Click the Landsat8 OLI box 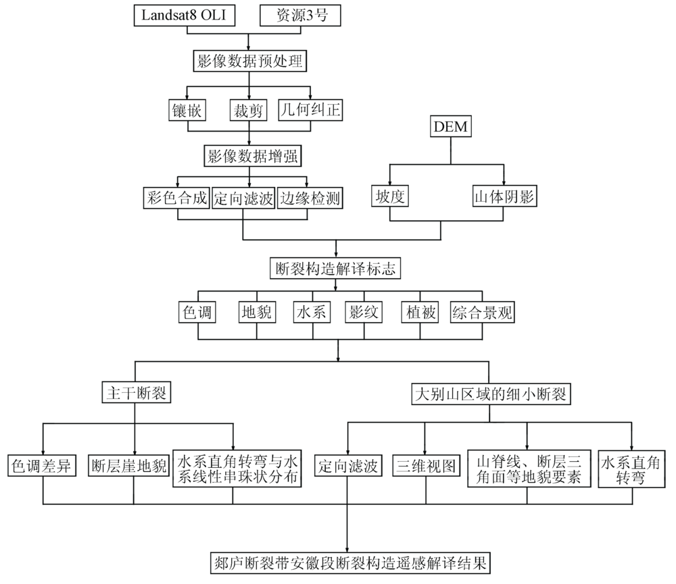point(185,16)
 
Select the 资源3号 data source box point(301,16)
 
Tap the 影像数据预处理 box point(249,61)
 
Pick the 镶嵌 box point(187,110)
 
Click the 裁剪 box point(248,110)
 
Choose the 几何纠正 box point(310,110)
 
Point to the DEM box point(451,126)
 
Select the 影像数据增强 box point(253,156)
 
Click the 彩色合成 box point(176,198)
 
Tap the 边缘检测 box point(310,198)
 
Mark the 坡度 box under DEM point(390,196)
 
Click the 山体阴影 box point(504,196)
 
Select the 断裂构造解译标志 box point(335,268)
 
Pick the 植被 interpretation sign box point(420,312)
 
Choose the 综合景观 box point(483,312)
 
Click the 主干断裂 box point(137,392)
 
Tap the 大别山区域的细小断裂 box point(491,394)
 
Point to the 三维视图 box point(426,466)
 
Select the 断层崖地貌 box point(128,466)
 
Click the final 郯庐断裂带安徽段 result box point(350,563)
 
